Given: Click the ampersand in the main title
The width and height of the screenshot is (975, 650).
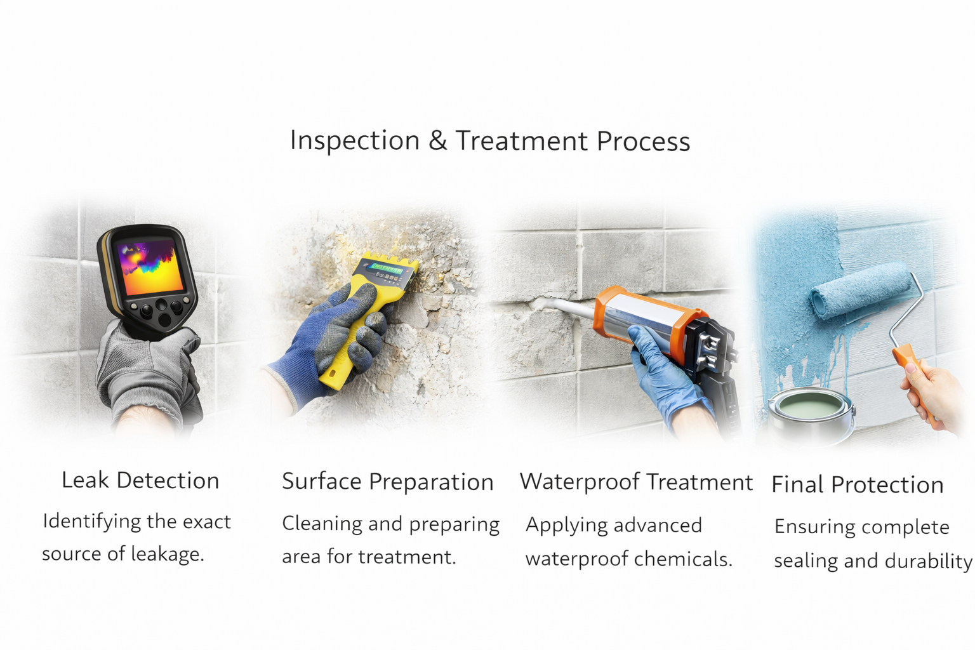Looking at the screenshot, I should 437,140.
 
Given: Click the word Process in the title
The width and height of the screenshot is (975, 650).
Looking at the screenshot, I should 644,141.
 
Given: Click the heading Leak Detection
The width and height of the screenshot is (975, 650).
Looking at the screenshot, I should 140,481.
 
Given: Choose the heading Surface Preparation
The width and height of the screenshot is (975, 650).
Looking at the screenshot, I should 387,482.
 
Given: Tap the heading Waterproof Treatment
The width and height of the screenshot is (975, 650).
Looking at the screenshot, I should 636,482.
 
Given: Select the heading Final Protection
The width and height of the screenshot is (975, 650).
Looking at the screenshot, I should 857,485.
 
